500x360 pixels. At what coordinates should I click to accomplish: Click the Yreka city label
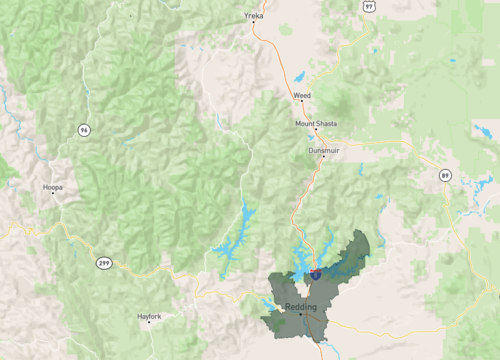pyautogui.click(x=252, y=17)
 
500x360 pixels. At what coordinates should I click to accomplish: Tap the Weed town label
pyautogui.click(x=302, y=95)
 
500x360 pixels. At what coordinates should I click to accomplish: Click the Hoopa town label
pyautogui.click(x=53, y=186)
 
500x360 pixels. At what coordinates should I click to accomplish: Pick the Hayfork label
pyautogui.click(x=149, y=316)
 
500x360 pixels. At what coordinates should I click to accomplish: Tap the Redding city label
pyautogui.click(x=301, y=306)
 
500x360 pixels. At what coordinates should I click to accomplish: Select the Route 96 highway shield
pyautogui.click(x=84, y=129)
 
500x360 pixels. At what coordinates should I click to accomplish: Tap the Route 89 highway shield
pyautogui.click(x=445, y=175)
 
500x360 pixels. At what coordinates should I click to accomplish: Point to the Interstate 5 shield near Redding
pyautogui.click(x=316, y=272)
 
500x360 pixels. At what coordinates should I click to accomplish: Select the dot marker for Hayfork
pyautogui.click(x=149, y=323)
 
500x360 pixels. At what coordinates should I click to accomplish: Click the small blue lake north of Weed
pyautogui.click(x=300, y=76)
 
